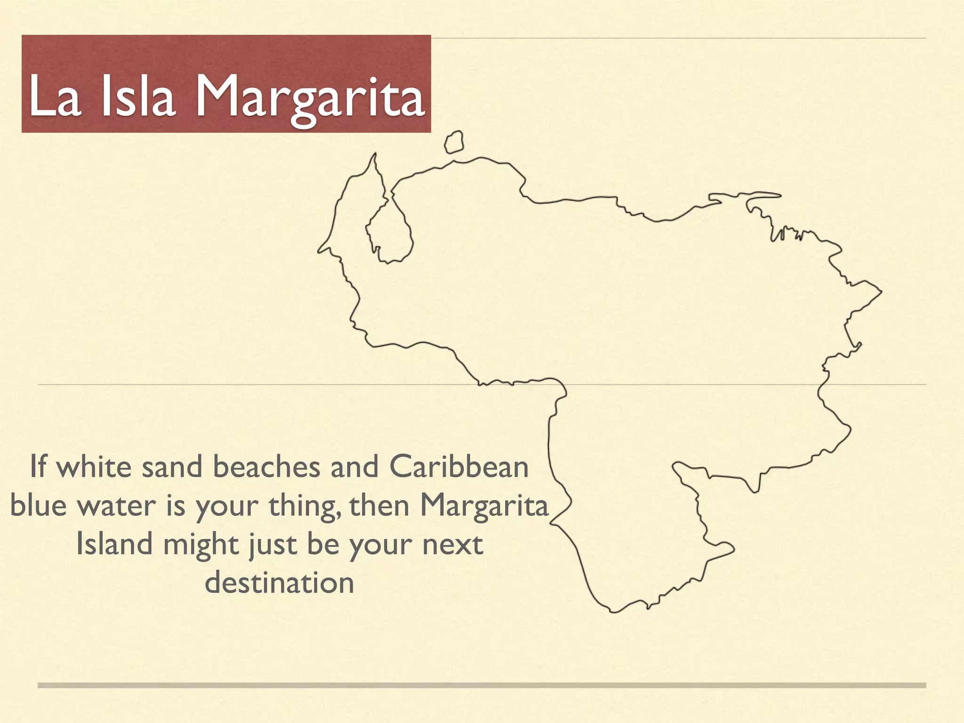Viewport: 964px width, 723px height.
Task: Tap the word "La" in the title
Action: pos(55,96)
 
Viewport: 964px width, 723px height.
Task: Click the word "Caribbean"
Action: pos(459,467)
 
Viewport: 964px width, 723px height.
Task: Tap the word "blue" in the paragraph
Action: pos(38,506)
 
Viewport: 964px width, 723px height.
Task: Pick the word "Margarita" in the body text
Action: pos(484,506)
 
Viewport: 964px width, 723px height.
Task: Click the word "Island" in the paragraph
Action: pos(114,544)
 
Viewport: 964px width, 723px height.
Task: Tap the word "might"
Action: pos(201,545)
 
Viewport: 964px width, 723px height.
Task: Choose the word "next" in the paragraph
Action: pos(452,545)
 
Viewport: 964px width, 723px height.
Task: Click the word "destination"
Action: pos(279,583)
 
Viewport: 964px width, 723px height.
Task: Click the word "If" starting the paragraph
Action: pos(38,467)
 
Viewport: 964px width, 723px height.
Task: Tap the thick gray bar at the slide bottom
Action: pos(482,685)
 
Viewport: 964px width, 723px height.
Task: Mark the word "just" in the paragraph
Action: pos(273,545)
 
